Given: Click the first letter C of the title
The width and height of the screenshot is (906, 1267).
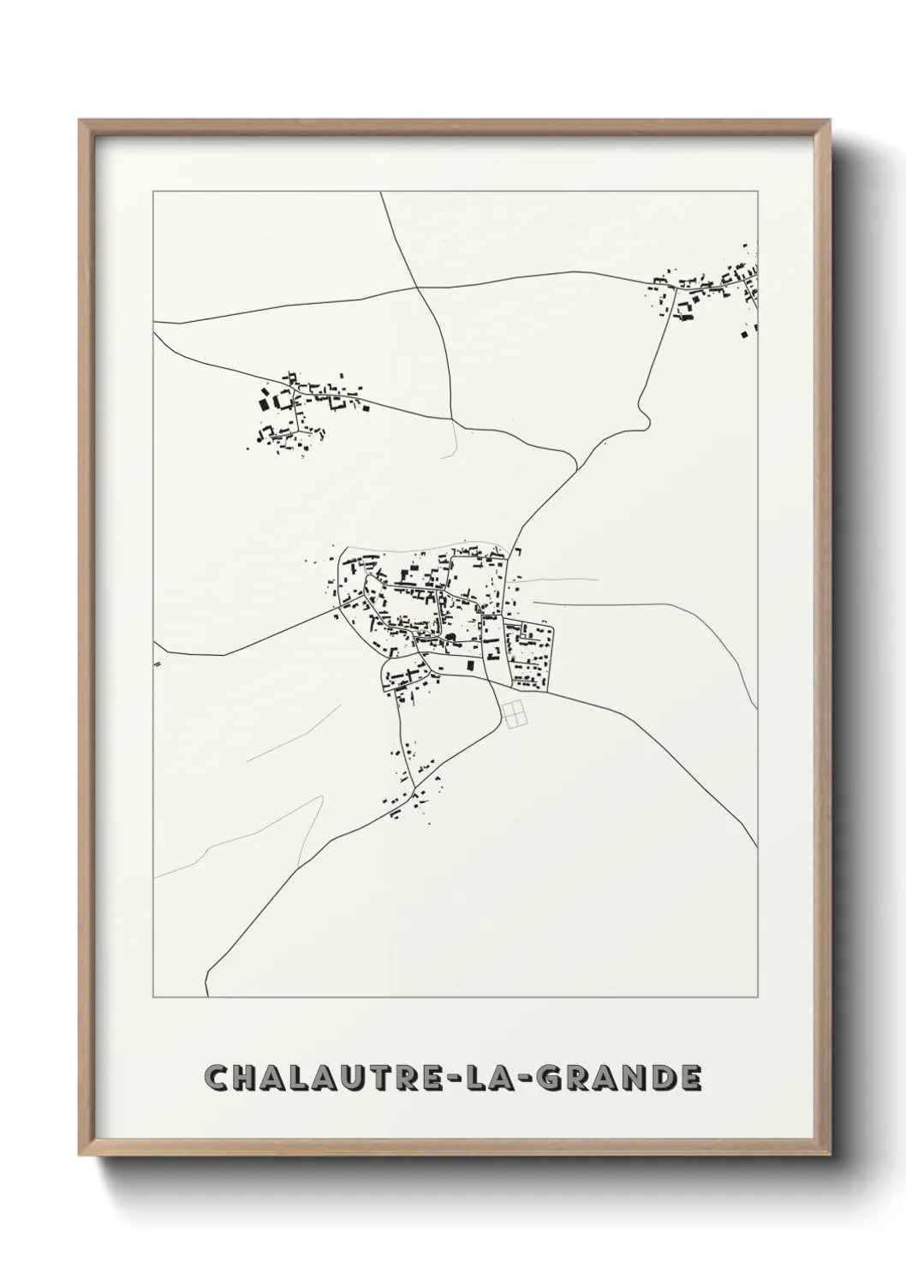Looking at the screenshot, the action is tap(217, 1077).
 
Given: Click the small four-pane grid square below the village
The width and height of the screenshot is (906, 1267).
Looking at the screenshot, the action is tap(516, 714).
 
